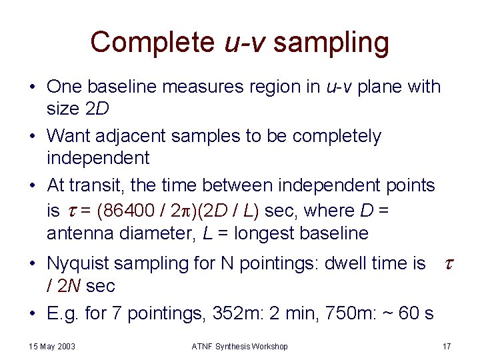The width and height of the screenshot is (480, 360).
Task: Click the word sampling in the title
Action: coord(331,42)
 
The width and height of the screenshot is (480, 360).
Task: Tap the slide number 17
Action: coord(446,347)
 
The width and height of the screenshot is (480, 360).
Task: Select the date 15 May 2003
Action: coord(52,347)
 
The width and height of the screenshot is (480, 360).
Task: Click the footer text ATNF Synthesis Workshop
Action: coord(240,347)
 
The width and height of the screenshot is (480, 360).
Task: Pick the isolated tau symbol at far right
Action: coord(448,263)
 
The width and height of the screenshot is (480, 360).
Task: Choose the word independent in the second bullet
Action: coord(98,159)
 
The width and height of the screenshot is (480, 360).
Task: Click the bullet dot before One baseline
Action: coord(32,87)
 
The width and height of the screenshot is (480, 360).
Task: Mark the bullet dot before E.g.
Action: coord(32,313)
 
